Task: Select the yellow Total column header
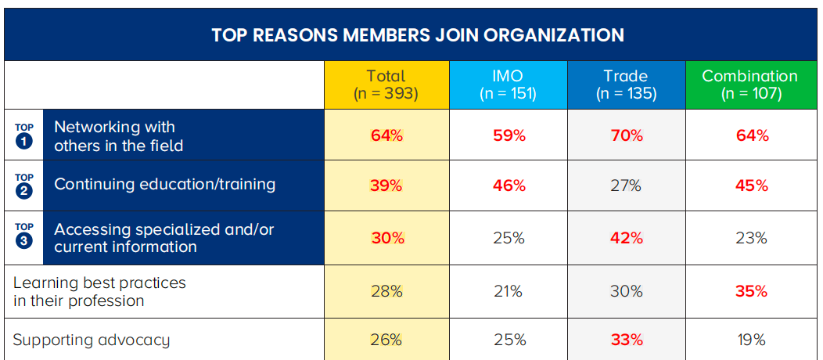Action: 386,85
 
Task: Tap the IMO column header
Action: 508,85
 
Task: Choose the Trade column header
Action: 625,85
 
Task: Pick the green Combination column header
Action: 749,85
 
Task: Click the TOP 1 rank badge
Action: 24,135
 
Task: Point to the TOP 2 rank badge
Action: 24,185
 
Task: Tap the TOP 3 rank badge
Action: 24,237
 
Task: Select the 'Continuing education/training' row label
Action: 164,185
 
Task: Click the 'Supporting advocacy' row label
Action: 92,340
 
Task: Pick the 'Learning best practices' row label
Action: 99,291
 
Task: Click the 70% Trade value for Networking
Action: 626,135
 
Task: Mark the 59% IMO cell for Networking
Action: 509,135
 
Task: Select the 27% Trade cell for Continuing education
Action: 626,185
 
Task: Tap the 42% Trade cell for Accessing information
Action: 626,238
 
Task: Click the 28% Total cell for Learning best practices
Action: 386,291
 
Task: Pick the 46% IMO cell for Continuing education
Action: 509,185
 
